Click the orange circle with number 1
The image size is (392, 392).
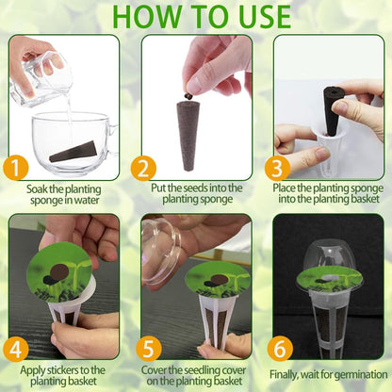point(14,168)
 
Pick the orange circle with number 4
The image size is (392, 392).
point(14,348)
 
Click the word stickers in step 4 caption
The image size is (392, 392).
point(67,369)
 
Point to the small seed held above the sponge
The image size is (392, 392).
point(188,94)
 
